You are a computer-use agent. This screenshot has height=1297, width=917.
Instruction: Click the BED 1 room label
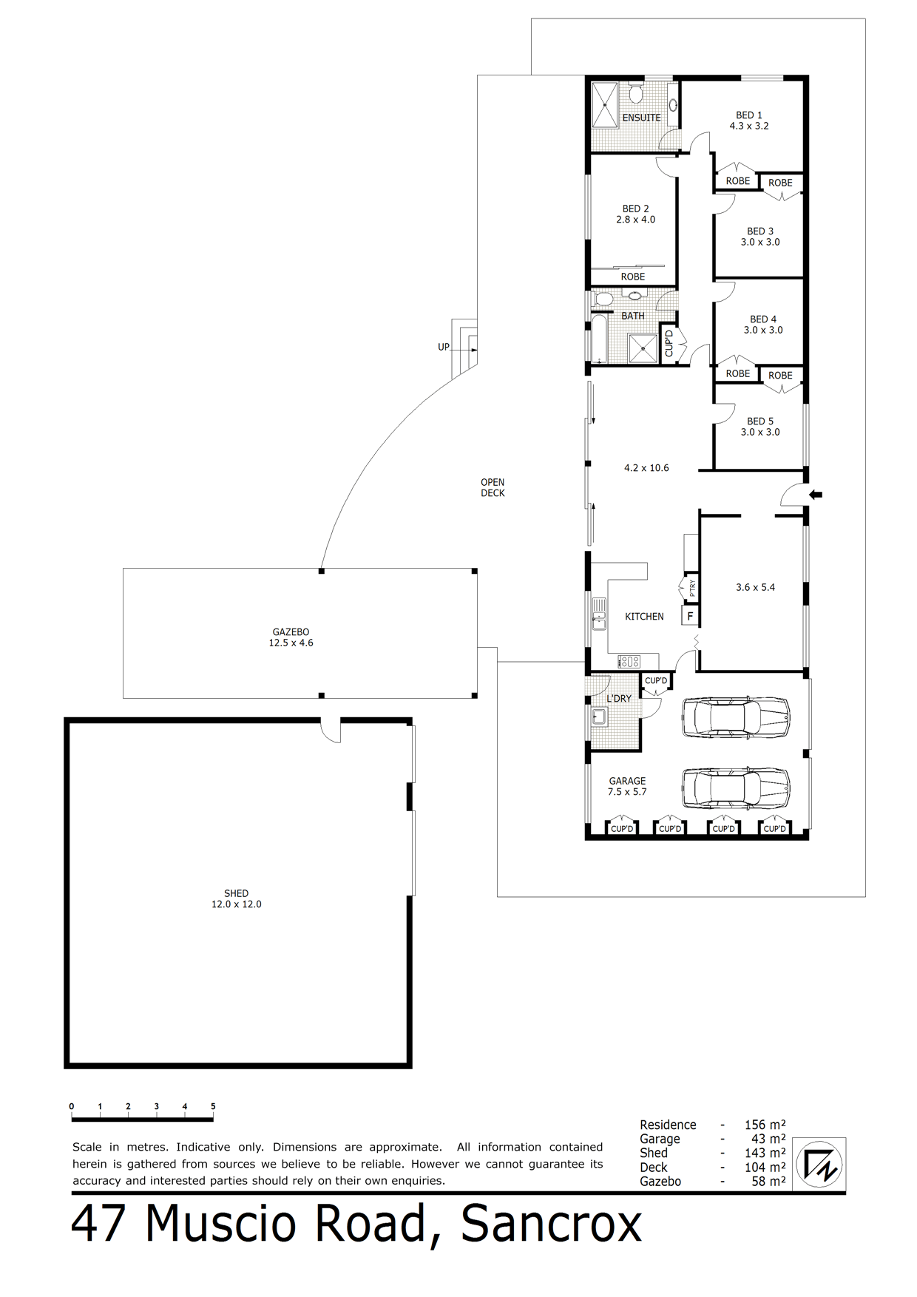[748, 115]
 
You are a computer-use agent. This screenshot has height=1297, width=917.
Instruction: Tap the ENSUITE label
[641, 118]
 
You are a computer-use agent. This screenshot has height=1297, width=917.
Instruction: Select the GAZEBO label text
[291, 632]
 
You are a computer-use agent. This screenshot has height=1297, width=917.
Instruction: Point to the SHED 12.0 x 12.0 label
[237, 898]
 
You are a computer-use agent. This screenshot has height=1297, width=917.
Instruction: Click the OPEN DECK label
[493, 487]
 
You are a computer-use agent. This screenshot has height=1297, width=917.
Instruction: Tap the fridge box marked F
[690, 615]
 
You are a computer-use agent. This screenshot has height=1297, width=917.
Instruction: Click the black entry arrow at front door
[815, 495]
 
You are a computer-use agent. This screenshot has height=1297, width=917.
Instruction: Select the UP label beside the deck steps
[444, 347]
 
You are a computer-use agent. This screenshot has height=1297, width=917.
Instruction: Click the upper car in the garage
[735, 717]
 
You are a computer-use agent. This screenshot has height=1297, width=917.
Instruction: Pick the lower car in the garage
[735, 788]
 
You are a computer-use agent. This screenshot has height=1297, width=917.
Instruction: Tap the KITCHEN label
[644, 616]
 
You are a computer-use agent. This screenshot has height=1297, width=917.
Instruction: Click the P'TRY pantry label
[692, 588]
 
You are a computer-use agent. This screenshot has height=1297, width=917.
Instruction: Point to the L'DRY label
[619, 698]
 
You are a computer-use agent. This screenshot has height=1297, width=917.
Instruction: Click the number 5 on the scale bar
[213, 1106]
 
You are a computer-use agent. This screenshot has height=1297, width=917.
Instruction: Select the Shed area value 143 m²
[765, 1153]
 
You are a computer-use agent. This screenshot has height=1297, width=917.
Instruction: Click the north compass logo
[819, 1165]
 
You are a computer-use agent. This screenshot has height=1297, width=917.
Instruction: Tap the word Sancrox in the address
[552, 1225]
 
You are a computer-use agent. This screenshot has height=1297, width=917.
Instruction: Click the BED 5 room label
[760, 421]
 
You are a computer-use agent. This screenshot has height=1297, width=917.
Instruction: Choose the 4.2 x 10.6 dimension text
[646, 468]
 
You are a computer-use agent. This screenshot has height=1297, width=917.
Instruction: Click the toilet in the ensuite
[635, 93]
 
